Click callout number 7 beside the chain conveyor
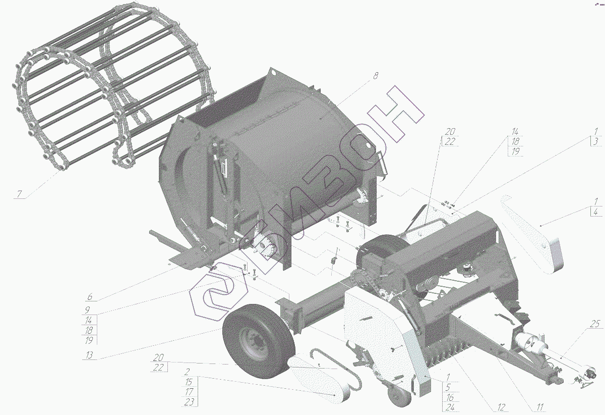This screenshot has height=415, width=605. pos(19,194)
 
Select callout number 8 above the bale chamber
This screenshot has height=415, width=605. pos(376,76)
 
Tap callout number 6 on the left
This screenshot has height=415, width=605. pos(90,297)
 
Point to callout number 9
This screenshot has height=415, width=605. pos(87,309)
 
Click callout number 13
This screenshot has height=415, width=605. pos(89,355)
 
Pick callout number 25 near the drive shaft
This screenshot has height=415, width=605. pos(594,324)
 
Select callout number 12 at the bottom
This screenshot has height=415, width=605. pos(501,407)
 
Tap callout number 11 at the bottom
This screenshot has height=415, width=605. pos(539,407)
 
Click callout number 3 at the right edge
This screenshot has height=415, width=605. pos(596,141)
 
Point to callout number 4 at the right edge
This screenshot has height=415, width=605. pos(596,212)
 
